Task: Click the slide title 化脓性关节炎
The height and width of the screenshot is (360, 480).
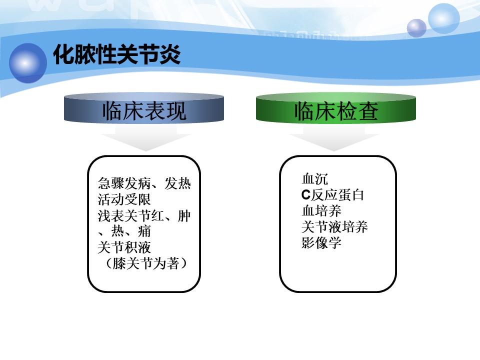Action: click(x=117, y=54)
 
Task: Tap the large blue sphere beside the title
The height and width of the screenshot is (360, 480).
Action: click(x=28, y=63)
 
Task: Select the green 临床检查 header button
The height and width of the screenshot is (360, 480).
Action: click(x=336, y=108)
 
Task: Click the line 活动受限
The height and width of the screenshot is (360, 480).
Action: click(x=124, y=199)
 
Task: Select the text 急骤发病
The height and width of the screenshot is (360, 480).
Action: click(x=124, y=183)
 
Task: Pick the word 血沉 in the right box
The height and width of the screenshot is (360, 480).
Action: click(x=314, y=179)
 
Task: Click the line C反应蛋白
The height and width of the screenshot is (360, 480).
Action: click(x=333, y=195)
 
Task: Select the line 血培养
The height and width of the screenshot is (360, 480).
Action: click(x=321, y=211)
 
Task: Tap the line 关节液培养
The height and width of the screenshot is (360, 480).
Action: click(x=334, y=227)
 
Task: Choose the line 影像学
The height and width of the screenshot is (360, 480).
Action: click(x=321, y=243)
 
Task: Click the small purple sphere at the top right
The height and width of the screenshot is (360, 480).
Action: click(x=416, y=28)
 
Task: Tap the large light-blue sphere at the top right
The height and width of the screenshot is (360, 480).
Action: click(x=444, y=18)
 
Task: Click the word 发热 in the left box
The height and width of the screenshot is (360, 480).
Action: click(x=178, y=183)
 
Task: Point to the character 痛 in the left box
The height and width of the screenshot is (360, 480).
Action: click(x=144, y=231)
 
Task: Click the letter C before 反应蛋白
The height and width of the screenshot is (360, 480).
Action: click(x=306, y=195)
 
